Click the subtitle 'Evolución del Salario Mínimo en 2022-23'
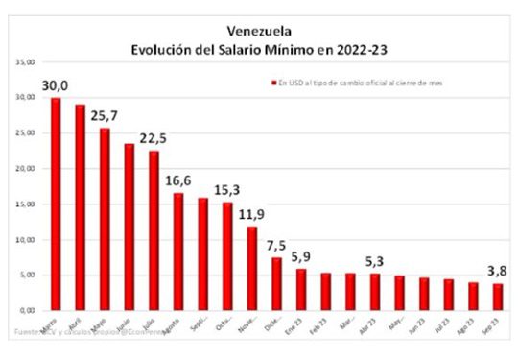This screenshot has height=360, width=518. (x=260, y=48)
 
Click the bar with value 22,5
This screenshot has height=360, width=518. (x=153, y=230)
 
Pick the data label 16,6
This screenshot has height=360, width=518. (x=179, y=182)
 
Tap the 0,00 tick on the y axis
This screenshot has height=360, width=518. (x=24, y=311)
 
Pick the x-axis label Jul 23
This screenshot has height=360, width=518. (x=448, y=327)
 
